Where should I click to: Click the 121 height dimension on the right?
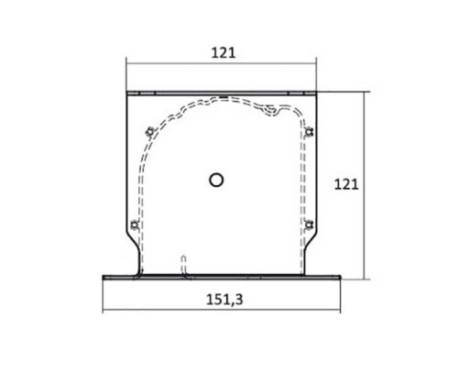343,183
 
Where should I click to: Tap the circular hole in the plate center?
216,180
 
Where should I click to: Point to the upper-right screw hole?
309,130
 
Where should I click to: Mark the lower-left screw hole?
135,224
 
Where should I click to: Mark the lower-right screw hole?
309,224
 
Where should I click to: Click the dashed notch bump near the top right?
270,112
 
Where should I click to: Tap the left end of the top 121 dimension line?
125,64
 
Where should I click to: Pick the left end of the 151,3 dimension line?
102,309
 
